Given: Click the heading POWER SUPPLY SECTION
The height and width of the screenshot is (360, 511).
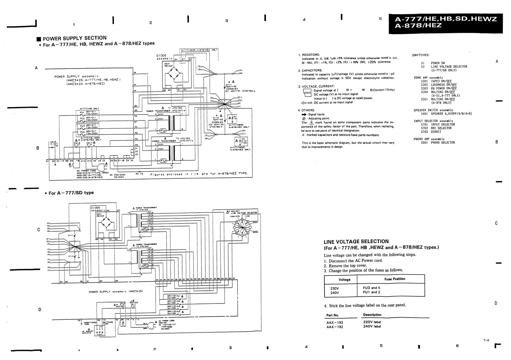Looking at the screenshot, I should point(74,38).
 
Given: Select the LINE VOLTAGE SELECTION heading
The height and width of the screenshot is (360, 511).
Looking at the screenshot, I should point(356,242).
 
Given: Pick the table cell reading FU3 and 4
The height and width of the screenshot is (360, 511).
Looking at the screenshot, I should point(371,288).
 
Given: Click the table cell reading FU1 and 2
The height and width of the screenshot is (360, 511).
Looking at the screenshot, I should point(371,293).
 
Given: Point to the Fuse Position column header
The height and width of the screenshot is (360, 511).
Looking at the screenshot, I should point(395,279).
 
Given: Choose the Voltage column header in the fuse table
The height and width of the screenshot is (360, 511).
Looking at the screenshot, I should point(344,279).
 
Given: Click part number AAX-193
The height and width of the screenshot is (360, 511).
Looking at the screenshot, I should point(335,322).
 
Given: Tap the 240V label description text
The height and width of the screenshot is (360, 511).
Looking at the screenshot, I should point(372,327).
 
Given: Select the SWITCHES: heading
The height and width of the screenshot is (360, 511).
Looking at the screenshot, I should point(421,55).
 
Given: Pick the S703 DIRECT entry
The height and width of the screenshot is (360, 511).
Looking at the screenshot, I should point(431,132).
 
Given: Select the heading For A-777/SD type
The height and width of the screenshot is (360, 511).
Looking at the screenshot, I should point(71,193).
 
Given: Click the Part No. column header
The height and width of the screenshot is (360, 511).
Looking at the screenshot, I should point(332,315).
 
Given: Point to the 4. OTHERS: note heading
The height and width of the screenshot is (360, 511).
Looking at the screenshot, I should point(307,110).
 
